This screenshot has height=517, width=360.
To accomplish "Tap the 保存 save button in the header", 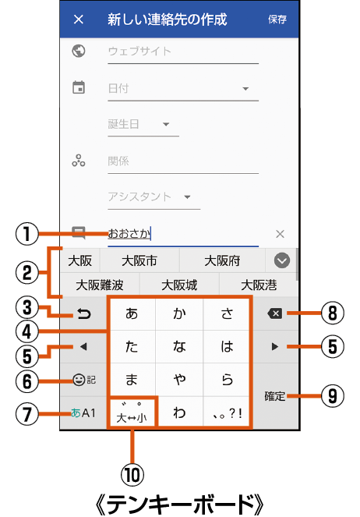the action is tap(277, 19).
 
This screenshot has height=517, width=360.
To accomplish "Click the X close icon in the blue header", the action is tap(79, 19).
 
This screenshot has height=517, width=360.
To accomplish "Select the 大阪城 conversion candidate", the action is tap(179, 285).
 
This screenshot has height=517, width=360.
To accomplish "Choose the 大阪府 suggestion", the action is tap(222, 260).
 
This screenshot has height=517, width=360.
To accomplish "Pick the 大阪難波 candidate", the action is tap(100, 285).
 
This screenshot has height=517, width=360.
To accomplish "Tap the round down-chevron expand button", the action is tap(282, 260).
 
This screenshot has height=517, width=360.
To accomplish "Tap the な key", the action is tap(179, 346).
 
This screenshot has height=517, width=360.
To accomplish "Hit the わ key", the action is tap(179, 413).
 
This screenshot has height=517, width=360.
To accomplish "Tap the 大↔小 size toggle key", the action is tap(132, 413).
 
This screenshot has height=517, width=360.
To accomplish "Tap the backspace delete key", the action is tap(275, 313).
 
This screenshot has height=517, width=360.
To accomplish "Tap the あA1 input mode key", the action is tap(83, 413).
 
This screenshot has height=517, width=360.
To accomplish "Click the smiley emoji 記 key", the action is tap(84, 381).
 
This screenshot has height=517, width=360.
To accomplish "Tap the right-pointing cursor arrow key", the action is tap(275, 346).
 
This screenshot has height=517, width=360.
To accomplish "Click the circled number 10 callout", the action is tap(132, 475).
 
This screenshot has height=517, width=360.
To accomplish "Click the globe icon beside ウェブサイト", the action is tap(79, 51).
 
